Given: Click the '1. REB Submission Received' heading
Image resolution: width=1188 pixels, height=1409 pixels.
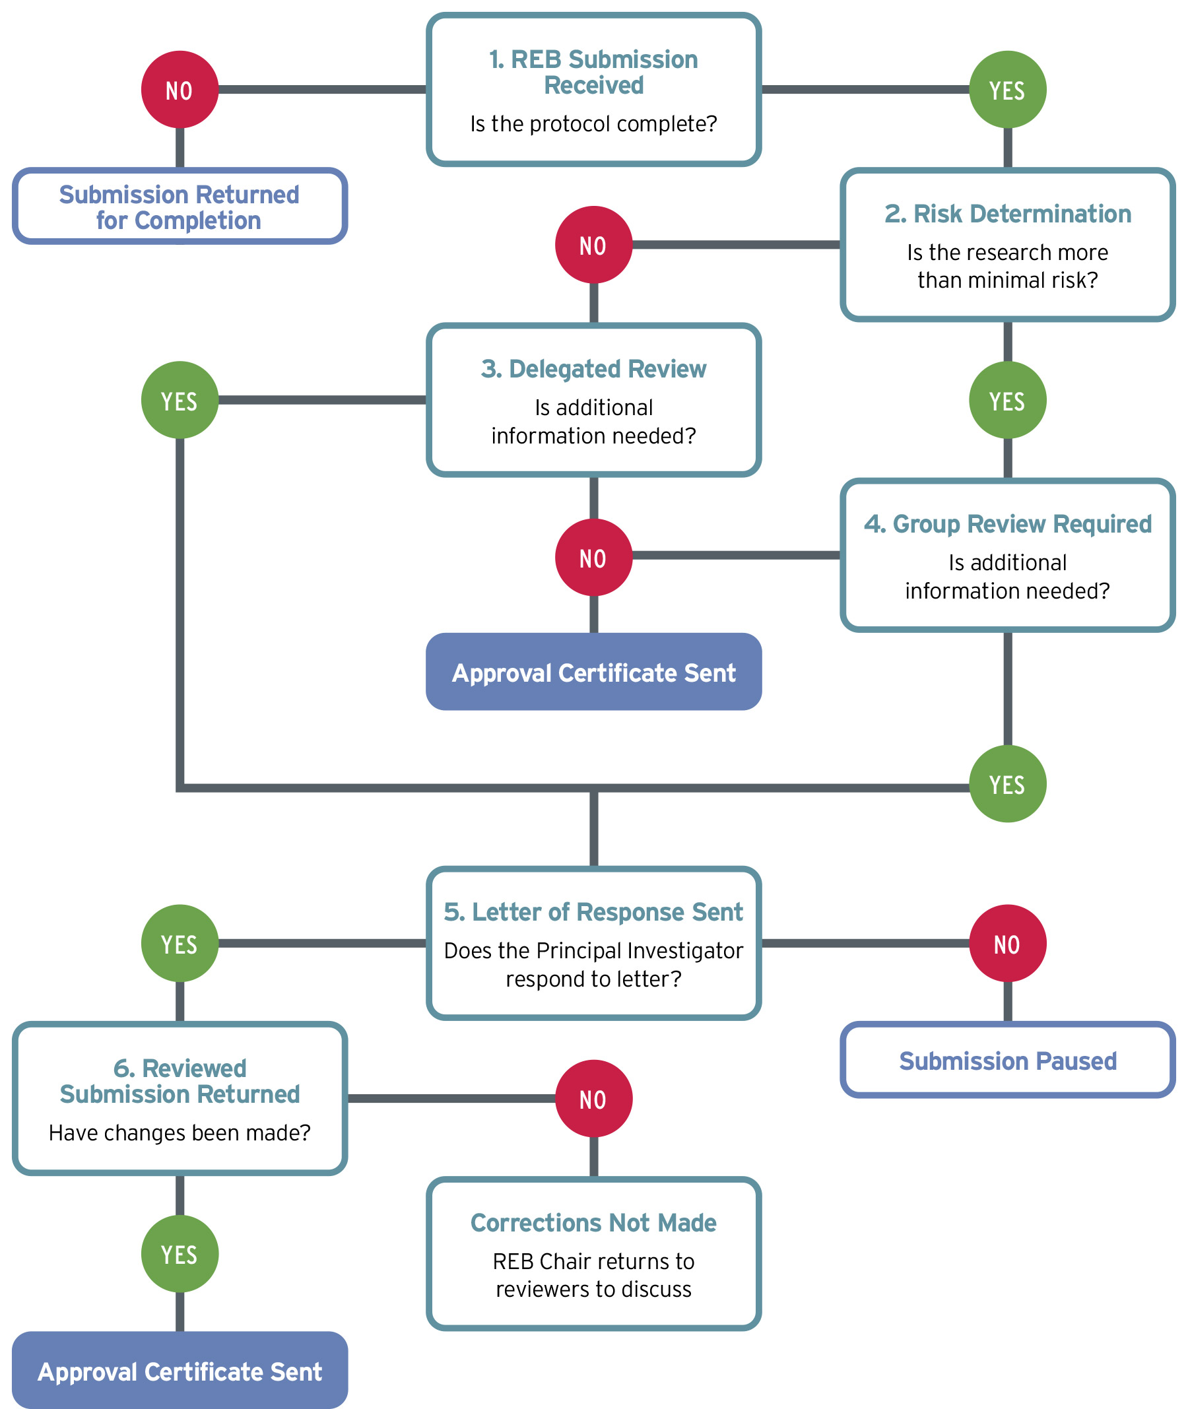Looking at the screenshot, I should pos(593,72).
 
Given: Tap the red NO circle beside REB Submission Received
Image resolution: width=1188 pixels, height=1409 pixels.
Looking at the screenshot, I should pos(180,90).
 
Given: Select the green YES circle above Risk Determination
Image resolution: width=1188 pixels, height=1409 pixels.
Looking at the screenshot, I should pos(1007,90).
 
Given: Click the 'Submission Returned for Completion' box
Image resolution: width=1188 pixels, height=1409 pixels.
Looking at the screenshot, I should pos(180,207).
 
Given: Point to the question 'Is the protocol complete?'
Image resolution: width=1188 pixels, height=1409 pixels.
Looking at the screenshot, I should pos(593,124).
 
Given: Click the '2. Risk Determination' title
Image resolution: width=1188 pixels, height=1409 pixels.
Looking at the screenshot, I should pos(1008,214).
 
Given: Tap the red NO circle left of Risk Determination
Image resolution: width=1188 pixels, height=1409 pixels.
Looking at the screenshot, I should pos(593,245).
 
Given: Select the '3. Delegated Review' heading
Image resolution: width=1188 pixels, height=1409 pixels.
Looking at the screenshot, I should pos(593,369).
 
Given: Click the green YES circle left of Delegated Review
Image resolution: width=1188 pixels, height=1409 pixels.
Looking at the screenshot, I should pos(180,401).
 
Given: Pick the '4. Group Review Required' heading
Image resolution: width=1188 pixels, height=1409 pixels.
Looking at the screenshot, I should pos(1008,524).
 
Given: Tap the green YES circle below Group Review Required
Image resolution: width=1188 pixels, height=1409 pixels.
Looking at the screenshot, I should pos(1007,784).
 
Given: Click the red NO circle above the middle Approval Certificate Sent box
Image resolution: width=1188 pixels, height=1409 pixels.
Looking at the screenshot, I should pos(593,558).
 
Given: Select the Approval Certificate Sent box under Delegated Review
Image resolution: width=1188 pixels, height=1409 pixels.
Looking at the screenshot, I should pos(593,672).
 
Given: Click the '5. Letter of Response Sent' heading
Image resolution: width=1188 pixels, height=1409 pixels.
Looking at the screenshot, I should pos(593,912).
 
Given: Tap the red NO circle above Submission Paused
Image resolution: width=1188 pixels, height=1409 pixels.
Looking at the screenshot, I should pos(1007,944).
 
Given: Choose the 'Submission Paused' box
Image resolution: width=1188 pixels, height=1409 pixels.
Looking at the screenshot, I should pos(1008,1061).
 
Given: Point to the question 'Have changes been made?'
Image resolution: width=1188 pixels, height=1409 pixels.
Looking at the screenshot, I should pos(180,1133).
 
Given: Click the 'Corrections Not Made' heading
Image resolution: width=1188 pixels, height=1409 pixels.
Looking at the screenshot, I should pos(593,1222).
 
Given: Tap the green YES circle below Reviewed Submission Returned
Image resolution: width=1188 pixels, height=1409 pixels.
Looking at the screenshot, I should pos(180,1254).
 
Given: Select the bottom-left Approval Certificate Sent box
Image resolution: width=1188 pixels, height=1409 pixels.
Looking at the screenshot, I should pos(180,1371).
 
